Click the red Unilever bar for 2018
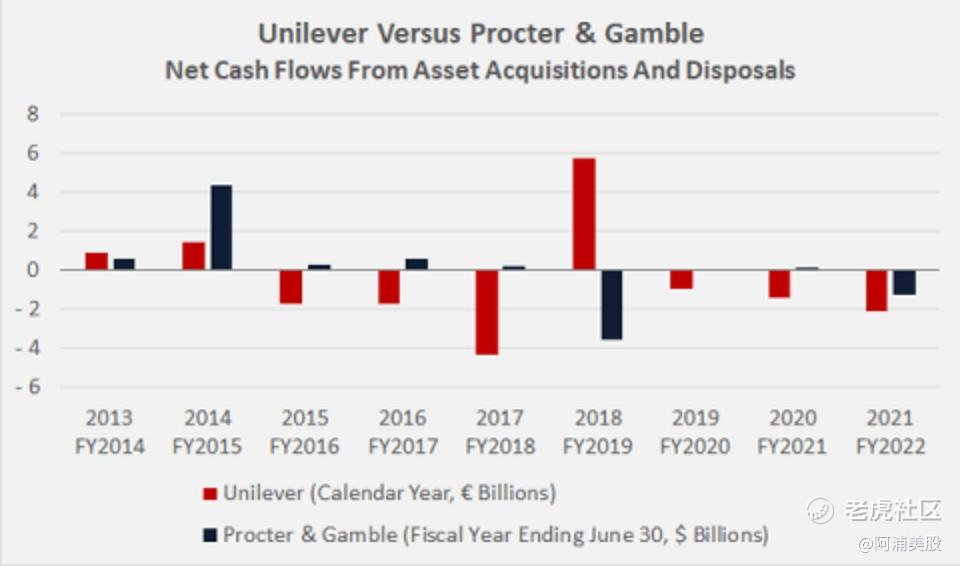coord(584,214)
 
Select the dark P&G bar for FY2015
coord(221,227)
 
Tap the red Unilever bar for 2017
coord(487,312)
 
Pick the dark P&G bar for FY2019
coord(611,304)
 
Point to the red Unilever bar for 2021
coord(877,290)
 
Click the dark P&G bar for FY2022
coord(904,282)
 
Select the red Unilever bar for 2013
coord(97,261)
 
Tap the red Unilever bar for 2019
coord(682,279)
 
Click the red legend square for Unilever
coord(210,493)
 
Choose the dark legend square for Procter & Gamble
coord(210,535)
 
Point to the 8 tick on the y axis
coord(33,114)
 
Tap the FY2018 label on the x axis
coord(500,446)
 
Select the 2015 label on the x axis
coord(305,418)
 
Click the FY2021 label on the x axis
coord(793,446)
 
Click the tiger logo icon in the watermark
coord(821,510)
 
